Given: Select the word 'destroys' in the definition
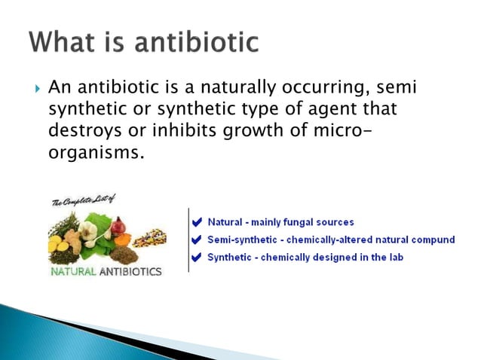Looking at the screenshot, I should click(x=81, y=130).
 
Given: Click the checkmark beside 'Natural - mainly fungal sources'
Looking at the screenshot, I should click(x=197, y=223).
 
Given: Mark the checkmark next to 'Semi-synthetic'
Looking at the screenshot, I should click(x=197, y=240).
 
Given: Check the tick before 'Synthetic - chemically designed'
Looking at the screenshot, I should click(x=197, y=258).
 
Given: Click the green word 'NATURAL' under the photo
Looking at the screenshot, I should click(x=72, y=271).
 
